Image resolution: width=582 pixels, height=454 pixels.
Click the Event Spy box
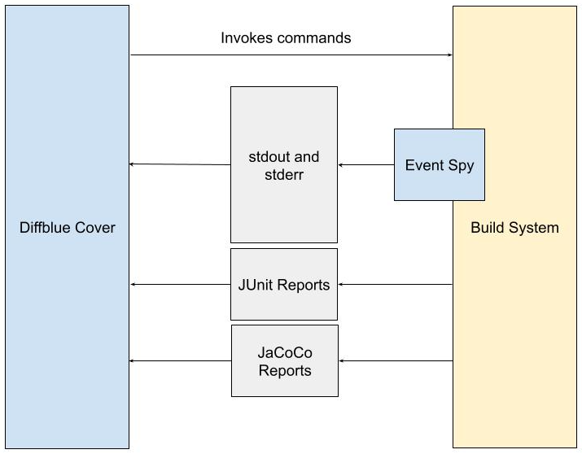[x=440, y=164]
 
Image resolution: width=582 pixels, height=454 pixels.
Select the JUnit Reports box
[x=284, y=284]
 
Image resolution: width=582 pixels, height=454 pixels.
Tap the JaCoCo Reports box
[x=285, y=361]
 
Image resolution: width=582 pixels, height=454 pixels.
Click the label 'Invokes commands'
[x=286, y=37]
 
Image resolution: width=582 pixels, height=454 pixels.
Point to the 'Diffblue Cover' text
[x=68, y=227]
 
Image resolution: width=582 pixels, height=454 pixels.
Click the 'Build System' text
[x=514, y=227]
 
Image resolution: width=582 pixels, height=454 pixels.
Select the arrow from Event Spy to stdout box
[x=366, y=164]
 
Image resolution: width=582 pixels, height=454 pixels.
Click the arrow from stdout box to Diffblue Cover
[x=180, y=164]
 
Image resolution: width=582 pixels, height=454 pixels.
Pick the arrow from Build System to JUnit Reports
[x=396, y=285]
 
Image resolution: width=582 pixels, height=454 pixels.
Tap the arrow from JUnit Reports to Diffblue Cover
[x=181, y=285]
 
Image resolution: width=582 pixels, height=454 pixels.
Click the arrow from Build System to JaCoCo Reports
[x=396, y=360]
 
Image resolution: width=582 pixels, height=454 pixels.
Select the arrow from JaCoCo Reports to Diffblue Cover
[x=180, y=360]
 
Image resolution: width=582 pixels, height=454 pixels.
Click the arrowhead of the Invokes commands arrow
[x=450, y=55]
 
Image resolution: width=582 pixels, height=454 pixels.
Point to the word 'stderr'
[x=284, y=175]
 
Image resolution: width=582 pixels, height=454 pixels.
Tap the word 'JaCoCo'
[x=285, y=352]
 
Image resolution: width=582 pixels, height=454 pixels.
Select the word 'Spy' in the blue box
[x=461, y=166]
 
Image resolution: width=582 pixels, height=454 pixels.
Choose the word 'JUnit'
[x=256, y=285]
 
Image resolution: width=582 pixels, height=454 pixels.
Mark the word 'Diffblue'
[x=46, y=227]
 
